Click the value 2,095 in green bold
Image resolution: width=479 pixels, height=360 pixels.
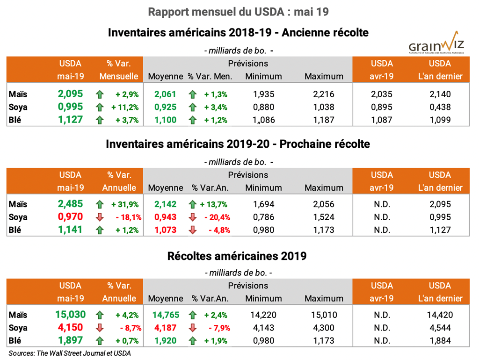[70, 94]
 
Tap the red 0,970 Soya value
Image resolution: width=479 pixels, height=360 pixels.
[70, 217]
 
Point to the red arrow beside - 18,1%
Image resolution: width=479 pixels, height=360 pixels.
[99, 217]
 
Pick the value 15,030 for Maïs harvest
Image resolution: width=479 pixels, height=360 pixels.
[70, 315]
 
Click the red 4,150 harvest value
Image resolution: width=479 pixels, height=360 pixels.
[70, 328]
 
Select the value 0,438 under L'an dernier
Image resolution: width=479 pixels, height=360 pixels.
[440, 107]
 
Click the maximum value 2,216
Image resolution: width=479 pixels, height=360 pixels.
[324, 94]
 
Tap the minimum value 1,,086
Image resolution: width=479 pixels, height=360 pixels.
[263, 120]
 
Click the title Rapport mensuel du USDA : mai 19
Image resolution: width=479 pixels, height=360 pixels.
[239, 12]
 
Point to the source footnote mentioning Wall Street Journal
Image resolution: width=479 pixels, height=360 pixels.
[70, 353]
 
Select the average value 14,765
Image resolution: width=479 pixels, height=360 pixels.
[166, 315]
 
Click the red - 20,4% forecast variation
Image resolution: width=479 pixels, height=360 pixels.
[216, 217]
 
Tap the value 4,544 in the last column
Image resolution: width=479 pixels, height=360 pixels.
[440, 328]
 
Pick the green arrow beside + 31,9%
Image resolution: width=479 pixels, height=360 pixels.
[99, 204]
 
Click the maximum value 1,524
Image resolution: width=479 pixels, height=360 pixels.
[324, 217]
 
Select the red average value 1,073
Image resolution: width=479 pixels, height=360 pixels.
[166, 230]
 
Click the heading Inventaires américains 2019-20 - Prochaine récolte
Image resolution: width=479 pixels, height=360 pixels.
[238, 144]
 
